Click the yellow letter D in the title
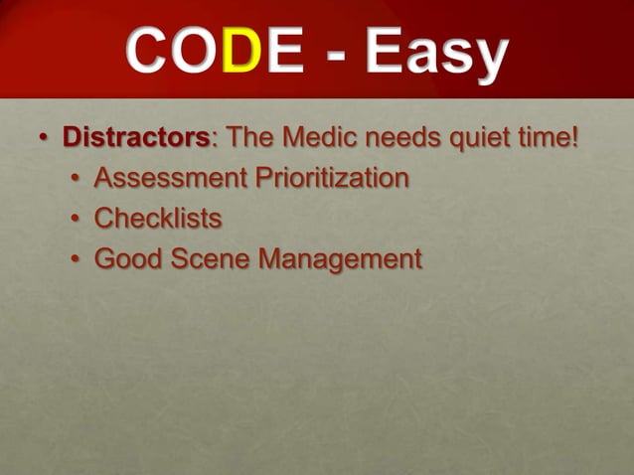click(235, 54)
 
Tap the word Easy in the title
click(434, 56)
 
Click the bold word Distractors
click(136, 138)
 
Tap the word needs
click(400, 138)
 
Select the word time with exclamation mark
click(548, 138)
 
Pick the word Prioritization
click(331, 179)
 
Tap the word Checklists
click(158, 219)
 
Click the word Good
click(125, 259)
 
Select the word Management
click(339, 259)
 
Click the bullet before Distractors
click(44, 139)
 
